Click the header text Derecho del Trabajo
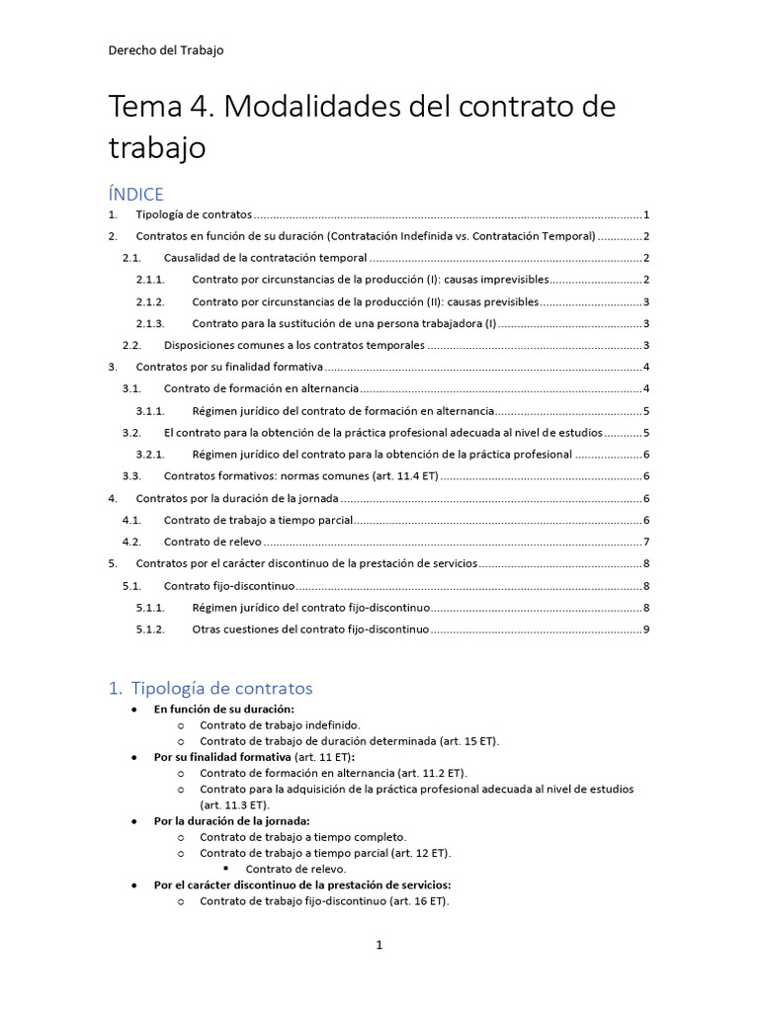166,50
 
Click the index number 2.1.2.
150,301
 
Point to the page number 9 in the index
645,629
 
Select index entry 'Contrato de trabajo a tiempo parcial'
258,520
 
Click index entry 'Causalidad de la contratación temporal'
265,258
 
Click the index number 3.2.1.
150,455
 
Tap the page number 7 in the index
645,542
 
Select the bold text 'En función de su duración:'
224,709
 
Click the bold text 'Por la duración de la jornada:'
232,820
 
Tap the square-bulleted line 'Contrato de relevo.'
295,869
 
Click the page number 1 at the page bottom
379,946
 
